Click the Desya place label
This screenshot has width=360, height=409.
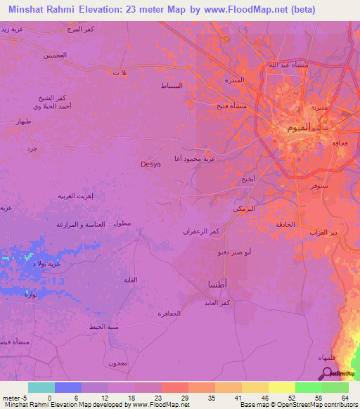pos(150,164)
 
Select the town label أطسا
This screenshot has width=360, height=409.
pos(218,283)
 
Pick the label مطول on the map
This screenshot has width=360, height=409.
pos(122,223)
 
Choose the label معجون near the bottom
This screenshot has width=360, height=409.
pos(117,363)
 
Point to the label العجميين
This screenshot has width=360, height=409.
pos(54,55)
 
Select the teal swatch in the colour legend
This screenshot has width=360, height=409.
pos(41,387)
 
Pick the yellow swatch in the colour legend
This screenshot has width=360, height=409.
pos(281,387)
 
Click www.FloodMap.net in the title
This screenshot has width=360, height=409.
pos(241,10)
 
